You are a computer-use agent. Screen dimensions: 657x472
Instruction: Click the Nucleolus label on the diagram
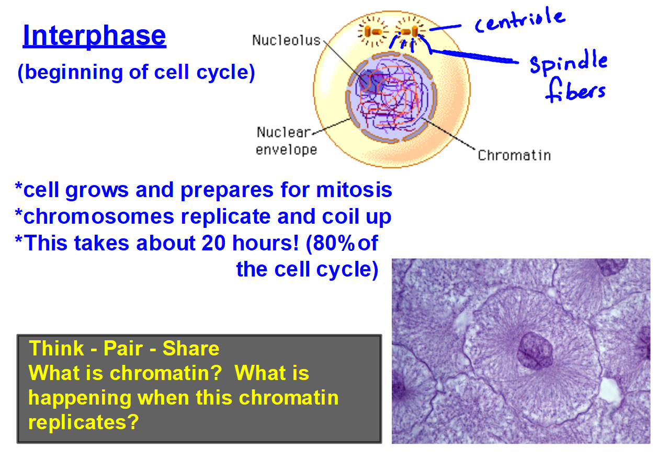[x=286, y=40]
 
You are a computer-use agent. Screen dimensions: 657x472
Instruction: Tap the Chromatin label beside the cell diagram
[x=514, y=155]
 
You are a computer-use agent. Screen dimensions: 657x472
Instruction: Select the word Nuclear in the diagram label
[x=284, y=132]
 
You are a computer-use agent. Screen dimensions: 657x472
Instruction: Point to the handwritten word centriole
[x=520, y=20]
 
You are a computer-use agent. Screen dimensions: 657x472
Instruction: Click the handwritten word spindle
[x=569, y=62]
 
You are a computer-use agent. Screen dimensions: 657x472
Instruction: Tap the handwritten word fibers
[x=575, y=90]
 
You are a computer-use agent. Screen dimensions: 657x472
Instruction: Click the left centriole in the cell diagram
[x=373, y=31]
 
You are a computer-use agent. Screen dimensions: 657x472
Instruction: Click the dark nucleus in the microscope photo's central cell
[x=535, y=350]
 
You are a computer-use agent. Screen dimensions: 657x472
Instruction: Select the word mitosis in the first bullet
[x=354, y=190]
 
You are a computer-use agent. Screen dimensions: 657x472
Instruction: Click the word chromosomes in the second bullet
[x=99, y=216]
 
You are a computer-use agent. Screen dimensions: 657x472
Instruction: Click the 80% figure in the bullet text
[x=334, y=243]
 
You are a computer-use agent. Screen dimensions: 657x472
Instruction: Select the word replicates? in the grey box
[x=83, y=422]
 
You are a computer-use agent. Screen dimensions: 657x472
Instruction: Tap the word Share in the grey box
[x=191, y=349]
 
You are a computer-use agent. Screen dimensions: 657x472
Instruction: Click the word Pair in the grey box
[x=123, y=349]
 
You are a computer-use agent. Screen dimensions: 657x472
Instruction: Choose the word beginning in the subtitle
[x=74, y=73]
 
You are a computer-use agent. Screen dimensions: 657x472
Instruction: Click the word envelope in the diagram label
[x=287, y=150]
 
